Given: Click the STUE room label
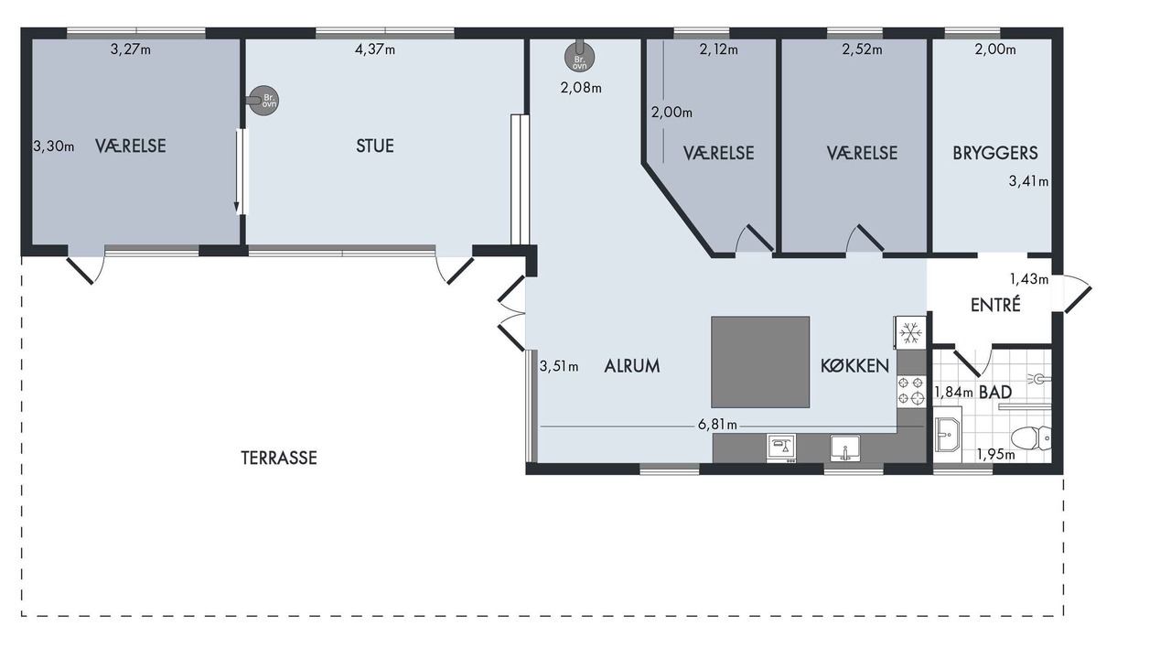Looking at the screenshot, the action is pos(375,146).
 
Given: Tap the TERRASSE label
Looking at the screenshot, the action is pos(279,459).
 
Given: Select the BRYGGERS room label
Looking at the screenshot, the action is pos(994,153).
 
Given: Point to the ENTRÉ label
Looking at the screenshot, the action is pos(995,305).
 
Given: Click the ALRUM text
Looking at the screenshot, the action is pos(631,366).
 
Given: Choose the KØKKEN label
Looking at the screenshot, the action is pos(854,366).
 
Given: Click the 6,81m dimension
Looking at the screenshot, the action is pos(717,425).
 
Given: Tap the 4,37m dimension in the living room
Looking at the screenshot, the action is pos(375,49).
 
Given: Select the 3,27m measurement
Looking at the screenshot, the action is pos(131,49).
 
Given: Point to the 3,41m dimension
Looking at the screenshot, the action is pos(1028,181).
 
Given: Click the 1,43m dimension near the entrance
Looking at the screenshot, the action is pos(1029,279).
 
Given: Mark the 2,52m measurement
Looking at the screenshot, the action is pos(862,49).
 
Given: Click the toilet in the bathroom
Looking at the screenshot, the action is pos(1031,438).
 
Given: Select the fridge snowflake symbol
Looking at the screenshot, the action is pos(910,332).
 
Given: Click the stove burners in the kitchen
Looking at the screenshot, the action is pos(911,391).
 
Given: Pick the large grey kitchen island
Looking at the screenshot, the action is pos(760,362).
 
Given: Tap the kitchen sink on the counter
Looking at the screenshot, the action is pos(845,448).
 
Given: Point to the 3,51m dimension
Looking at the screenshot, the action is pos(559,366).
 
